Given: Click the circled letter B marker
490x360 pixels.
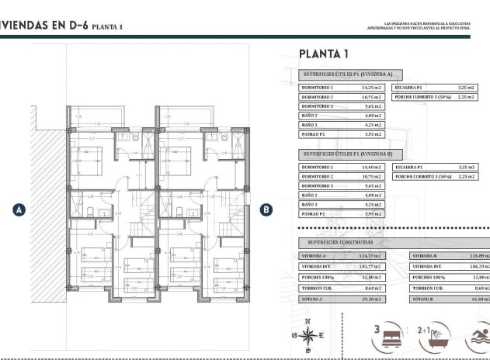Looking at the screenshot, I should click(266, 209).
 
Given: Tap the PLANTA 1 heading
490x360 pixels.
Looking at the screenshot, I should click(323, 54).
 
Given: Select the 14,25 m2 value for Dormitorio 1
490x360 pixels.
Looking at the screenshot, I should click(372, 88).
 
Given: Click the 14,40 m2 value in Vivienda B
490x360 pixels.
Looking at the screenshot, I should click(372, 168).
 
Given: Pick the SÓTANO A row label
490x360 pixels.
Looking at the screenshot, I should click(316, 298).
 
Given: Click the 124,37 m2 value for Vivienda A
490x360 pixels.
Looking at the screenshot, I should click(373, 256).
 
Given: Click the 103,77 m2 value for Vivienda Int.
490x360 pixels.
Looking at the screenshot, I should click(373, 266).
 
